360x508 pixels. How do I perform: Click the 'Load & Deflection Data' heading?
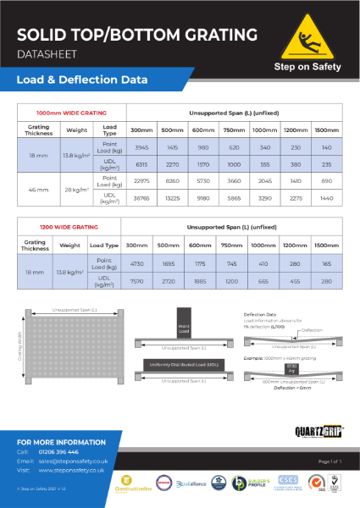(82, 80)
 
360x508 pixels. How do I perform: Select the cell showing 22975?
(141, 180)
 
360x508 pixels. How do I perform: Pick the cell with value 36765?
(141, 197)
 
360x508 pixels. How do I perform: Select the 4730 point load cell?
(136, 262)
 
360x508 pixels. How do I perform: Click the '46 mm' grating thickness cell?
(35, 189)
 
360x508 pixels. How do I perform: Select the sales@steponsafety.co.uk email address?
(74, 461)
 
